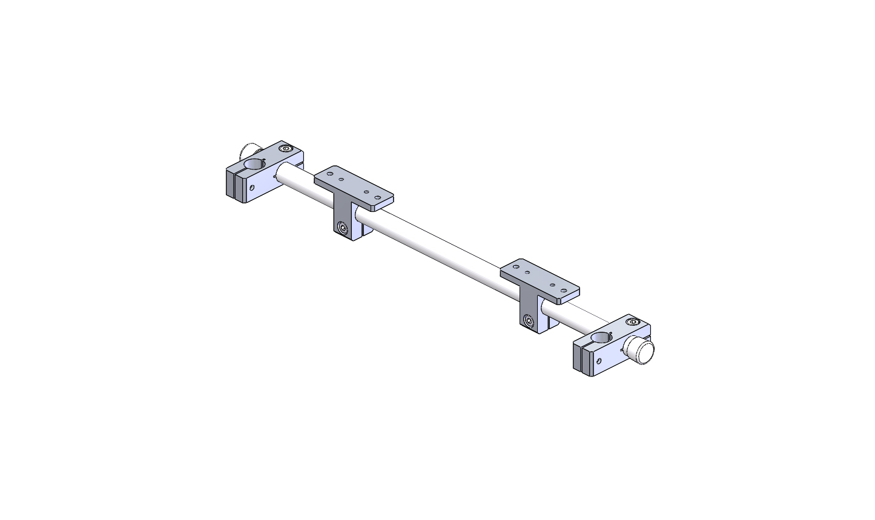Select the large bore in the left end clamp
pyautogui.click(x=255, y=165)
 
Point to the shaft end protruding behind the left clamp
pyautogui.click(x=248, y=148)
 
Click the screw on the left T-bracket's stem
pyautogui.click(x=343, y=229)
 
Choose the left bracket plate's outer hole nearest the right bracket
pyautogui.click(x=378, y=197)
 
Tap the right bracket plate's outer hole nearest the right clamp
pyautogui.click(x=564, y=291)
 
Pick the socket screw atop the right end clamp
pyautogui.click(x=633, y=321)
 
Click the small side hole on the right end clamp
pyautogui.click(x=599, y=361)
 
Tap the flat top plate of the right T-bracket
pyautogui.click(x=540, y=278)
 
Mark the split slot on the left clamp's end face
pyautogui.click(x=233, y=184)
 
